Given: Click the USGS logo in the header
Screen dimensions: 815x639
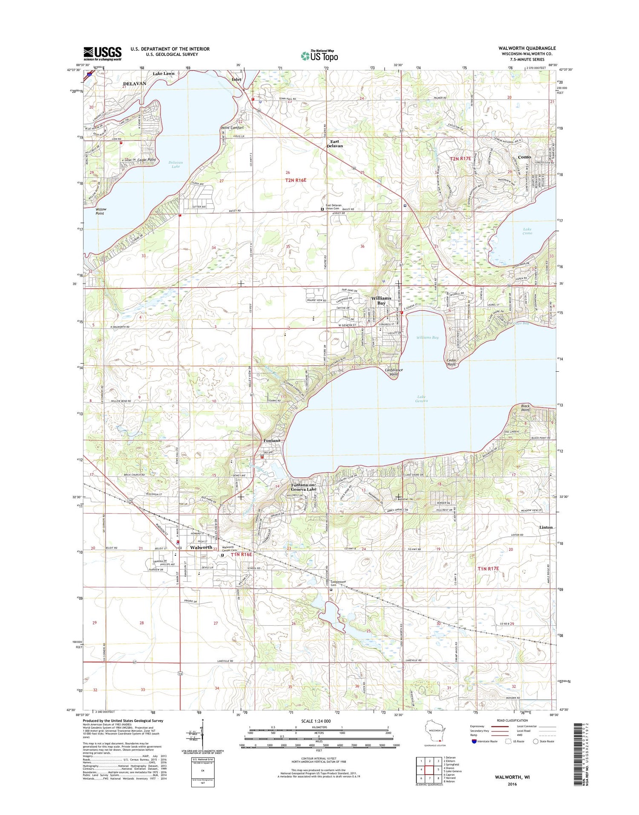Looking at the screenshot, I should point(102,53).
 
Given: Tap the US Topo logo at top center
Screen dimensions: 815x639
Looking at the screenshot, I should point(319,55).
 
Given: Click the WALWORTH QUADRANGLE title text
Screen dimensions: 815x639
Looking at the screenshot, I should point(527,49).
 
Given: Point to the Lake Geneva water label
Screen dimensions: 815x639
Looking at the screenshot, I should point(421,399).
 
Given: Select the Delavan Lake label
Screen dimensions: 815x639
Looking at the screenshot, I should point(176,164).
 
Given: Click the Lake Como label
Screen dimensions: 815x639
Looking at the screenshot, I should point(527,231).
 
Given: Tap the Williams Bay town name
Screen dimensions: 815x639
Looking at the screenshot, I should point(381,301).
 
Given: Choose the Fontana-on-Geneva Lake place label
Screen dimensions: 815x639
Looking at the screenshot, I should point(304,487).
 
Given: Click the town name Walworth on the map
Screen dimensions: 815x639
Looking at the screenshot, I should point(201,547).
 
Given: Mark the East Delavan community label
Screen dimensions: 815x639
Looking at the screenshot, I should point(334,144).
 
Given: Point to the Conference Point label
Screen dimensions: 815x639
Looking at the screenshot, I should point(393,372).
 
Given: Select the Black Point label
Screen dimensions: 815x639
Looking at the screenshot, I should point(525,407).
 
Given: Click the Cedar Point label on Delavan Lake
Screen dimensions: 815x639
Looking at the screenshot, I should point(146,160).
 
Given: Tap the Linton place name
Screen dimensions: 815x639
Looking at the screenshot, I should point(546,527).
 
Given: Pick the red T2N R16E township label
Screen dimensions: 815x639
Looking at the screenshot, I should point(296,180).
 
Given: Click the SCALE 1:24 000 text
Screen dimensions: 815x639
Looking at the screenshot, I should point(319,721).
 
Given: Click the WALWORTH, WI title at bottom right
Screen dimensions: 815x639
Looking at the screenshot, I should point(512,777).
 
